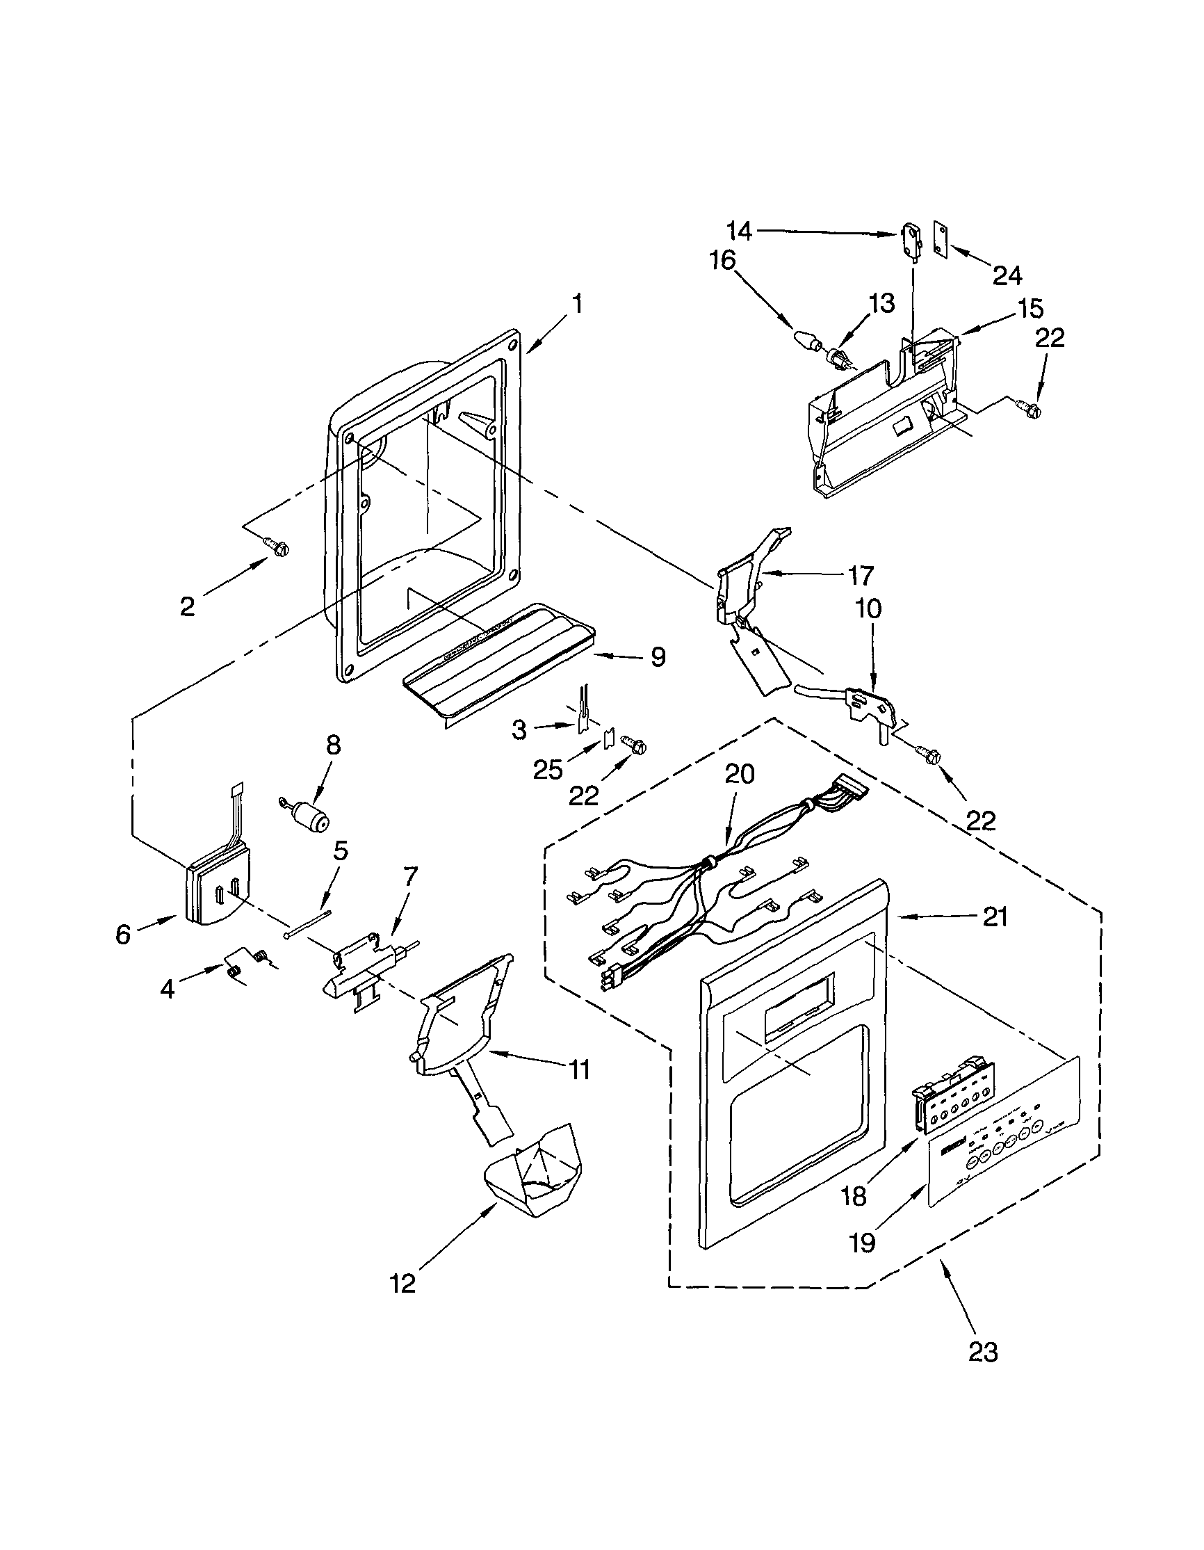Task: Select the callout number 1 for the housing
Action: tap(578, 305)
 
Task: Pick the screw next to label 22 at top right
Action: tap(1032, 409)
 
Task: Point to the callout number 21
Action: tap(995, 918)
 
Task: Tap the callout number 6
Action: tap(123, 935)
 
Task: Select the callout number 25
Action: tap(548, 769)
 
